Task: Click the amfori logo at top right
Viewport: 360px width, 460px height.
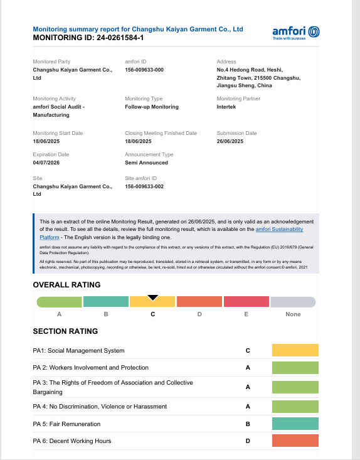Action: [297, 32]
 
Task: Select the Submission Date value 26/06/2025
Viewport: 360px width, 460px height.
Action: [230, 141]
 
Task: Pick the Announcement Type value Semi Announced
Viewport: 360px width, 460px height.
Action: [147, 163]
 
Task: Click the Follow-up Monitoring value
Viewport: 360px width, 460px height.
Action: [152, 107]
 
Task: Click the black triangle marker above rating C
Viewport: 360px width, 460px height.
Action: [152, 297]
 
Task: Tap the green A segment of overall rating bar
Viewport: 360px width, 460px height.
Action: [60, 302]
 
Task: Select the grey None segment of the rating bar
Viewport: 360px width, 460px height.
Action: [292, 302]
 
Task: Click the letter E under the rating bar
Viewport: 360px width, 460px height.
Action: [246, 314]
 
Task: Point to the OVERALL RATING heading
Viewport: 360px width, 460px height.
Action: [66, 284]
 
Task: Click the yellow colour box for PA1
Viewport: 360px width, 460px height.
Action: [295, 350]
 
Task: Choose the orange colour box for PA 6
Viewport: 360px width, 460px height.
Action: [295, 441]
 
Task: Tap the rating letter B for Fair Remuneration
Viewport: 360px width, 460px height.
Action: [248, 424]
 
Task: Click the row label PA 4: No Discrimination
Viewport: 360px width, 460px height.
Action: [100, 407]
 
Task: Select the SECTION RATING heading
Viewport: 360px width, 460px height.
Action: [65, 331]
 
